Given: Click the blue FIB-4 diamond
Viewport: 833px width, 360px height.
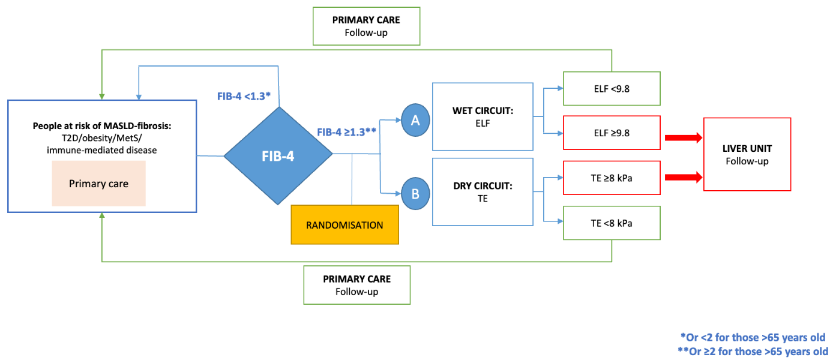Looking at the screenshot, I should pyautogui.click(x=278, y=156).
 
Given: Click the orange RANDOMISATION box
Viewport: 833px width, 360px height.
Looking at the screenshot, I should pyautogui.click(x=344, y=225).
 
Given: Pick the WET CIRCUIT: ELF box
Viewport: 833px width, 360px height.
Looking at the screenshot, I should pyautogui.click(x=483, y=116).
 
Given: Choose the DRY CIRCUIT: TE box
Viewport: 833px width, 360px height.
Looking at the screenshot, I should pyautogui.click(x=483, y=191).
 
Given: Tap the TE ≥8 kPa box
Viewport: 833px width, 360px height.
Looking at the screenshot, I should pyautogui.click(x=612, y=178).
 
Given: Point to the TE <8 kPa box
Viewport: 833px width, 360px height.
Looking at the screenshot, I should pyautogui.click(x=612, y=223).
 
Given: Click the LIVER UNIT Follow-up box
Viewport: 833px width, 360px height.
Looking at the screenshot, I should pyautogui.click(x=747, y=154).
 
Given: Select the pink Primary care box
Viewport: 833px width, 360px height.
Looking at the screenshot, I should pyautogui.click(x=98, y=184).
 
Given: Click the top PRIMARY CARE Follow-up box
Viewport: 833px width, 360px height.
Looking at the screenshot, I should pyautogui.click(x=366, y=26).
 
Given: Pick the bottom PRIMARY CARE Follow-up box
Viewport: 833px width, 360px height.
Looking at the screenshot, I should pyautogui.click(x=356, y=285).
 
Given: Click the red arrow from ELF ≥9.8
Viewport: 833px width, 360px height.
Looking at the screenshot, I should pyautogui.click(x=682, y=137).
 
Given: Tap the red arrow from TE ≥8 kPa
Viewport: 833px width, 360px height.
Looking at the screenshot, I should pyautogui.click(x=682, y=176).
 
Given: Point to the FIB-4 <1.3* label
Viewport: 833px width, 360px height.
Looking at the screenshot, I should pyautogui.click(x=244, y=96).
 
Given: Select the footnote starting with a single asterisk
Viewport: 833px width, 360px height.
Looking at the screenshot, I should pyautogui.click(x=751, y=337).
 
